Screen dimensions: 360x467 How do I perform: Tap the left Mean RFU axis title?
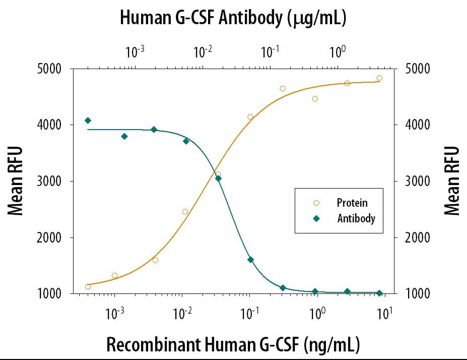coord(16,181)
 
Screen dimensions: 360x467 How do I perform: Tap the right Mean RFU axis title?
coord(452,181)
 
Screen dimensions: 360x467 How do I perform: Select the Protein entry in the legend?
coord(352,203)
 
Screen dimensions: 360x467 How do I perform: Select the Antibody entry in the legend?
coord(356,219)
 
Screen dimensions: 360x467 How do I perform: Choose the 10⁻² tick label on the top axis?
coord(202,51)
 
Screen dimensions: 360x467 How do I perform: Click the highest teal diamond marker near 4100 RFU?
coord(88,121)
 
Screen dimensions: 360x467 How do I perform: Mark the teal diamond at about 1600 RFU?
coord(250,260)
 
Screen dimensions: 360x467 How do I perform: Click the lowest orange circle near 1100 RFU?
coord(88,286)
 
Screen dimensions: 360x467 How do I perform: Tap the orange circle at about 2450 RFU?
coord(185,212)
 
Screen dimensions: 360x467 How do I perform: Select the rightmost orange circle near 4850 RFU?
coord(379,78)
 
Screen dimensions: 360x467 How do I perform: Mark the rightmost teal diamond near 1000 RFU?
coord(379,293)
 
